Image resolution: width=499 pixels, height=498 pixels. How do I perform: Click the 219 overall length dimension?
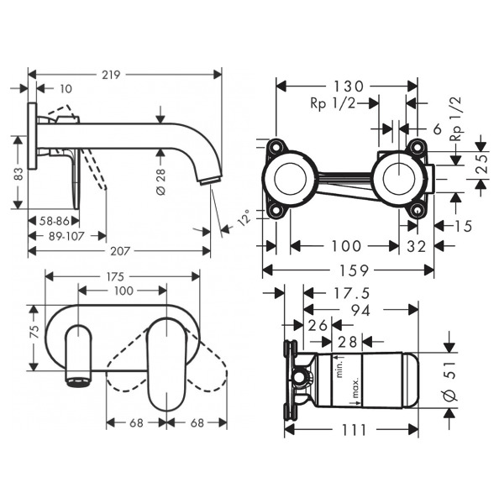(x=111, y=75)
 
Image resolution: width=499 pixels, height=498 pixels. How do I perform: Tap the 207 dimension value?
(x=120, y=251)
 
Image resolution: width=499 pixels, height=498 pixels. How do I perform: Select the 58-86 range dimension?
(x=55, y=221)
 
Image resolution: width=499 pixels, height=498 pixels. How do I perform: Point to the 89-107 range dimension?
(x=66, y=236)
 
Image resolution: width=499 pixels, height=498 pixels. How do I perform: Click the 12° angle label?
(x=244, y=218)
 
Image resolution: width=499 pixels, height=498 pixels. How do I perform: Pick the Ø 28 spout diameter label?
(x=161, y=181)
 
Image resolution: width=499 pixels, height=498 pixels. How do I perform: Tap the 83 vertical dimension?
(x=19, y=174)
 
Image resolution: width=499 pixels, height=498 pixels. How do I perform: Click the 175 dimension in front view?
(x=115, y=277)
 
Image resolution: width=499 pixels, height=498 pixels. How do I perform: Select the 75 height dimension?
(x=34, y=332)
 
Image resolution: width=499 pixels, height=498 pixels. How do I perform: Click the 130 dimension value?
(x=348, y=86)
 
